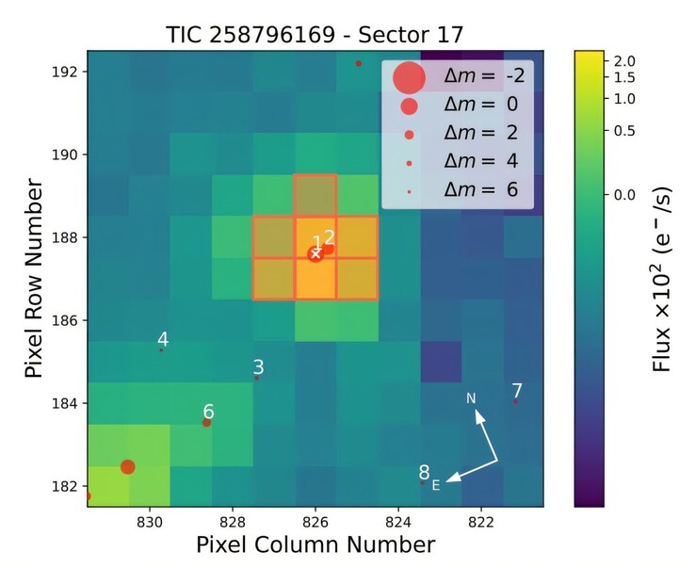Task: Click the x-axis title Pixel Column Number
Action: [315, 544]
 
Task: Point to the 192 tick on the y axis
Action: [69, 72]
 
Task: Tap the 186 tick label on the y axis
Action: [69, 320]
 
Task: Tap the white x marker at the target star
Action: [315, 253]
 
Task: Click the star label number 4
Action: [163, 339]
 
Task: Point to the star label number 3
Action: [258, 367]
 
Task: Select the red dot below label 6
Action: [207, 423]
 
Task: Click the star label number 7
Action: [516, 390]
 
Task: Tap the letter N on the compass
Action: [471, 398]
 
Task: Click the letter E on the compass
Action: [436, 485]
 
